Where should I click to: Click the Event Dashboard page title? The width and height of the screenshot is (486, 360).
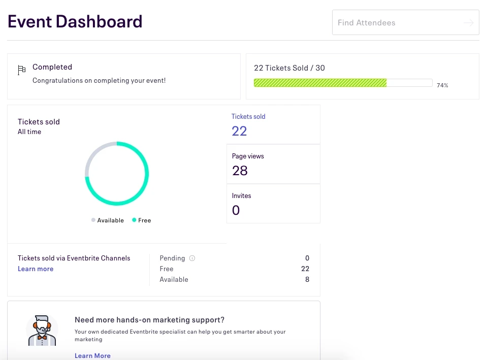click(75, 22)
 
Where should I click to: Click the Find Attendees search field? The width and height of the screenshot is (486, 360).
click(396, 23)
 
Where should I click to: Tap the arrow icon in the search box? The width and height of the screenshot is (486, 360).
click(468, 23)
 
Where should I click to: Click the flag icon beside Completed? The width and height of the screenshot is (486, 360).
click(21, 70)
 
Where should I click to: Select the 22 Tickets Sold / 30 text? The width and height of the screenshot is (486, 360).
click(289, 68)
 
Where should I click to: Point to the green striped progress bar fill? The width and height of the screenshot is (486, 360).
click(320, 83)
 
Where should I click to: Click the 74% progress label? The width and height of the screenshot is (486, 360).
click(442, 85)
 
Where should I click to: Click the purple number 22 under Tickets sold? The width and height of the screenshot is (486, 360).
click(239, 131)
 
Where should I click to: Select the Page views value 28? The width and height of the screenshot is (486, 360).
click(240, 171)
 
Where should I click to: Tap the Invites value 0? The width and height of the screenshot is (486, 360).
click(236, 210)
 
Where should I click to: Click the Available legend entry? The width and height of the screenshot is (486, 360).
click(108, 220)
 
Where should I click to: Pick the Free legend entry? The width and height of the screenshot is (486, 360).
click(142, 220)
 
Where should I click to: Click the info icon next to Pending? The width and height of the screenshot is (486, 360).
click(192, 258)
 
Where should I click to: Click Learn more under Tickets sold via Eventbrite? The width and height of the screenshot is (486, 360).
click(36, 269)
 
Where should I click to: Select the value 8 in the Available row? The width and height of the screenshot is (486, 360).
click(307, 279)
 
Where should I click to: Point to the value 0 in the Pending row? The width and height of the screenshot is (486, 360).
click(307, 258)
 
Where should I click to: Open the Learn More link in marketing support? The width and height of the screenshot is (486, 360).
click(92, 355)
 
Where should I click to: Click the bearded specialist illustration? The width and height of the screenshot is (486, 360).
click(42, 331)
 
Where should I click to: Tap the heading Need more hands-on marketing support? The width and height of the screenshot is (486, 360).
click(149, 320)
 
